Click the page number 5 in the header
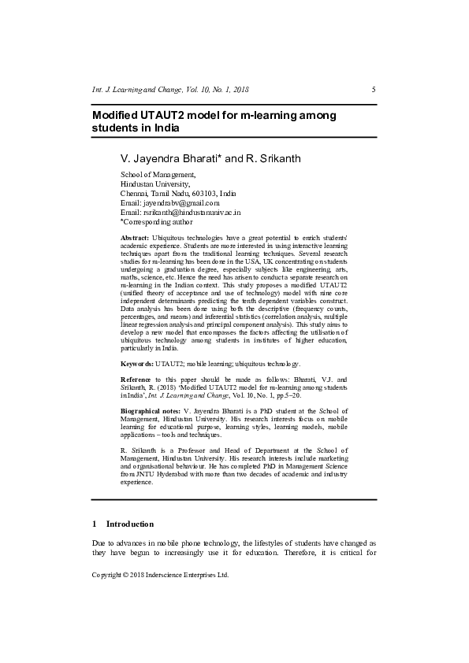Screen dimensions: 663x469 (x=374, y=90)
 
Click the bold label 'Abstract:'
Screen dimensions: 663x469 (x=135, y=237)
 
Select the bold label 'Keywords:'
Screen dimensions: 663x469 (x=137, y=363)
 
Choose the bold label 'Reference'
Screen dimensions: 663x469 (x=137, y=380)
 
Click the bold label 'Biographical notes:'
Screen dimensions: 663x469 (x=151, y=412)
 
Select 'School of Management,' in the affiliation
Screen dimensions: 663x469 (x=158, y=174)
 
